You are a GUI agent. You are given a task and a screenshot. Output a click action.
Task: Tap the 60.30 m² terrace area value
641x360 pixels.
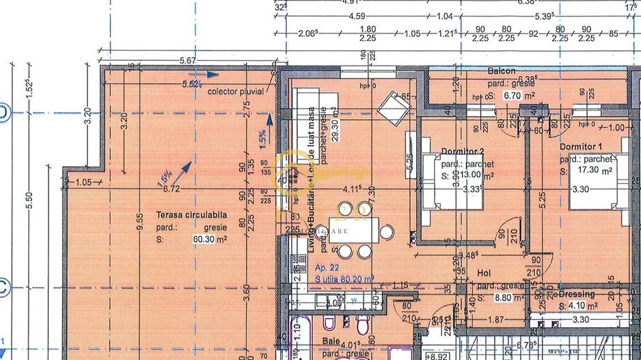(210, 239)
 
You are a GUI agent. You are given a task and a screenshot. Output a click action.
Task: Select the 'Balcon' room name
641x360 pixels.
(502, 71)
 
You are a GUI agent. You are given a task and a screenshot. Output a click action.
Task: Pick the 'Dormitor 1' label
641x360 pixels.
(581, 147)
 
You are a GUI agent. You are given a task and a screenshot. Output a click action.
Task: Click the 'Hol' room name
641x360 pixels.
(484, 272)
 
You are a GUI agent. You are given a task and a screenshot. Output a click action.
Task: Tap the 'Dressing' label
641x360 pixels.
(577, 294)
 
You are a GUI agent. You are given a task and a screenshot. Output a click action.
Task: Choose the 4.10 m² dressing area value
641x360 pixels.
(584, 306)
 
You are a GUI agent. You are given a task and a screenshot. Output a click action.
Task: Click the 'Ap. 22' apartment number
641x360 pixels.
(327, 270)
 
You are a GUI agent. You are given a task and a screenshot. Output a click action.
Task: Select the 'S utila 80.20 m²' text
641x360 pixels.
(344, 279)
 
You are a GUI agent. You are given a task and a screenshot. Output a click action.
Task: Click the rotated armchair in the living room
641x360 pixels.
(394, 107)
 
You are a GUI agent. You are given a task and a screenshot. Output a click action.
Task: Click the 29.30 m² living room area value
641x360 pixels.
(334, 124)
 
